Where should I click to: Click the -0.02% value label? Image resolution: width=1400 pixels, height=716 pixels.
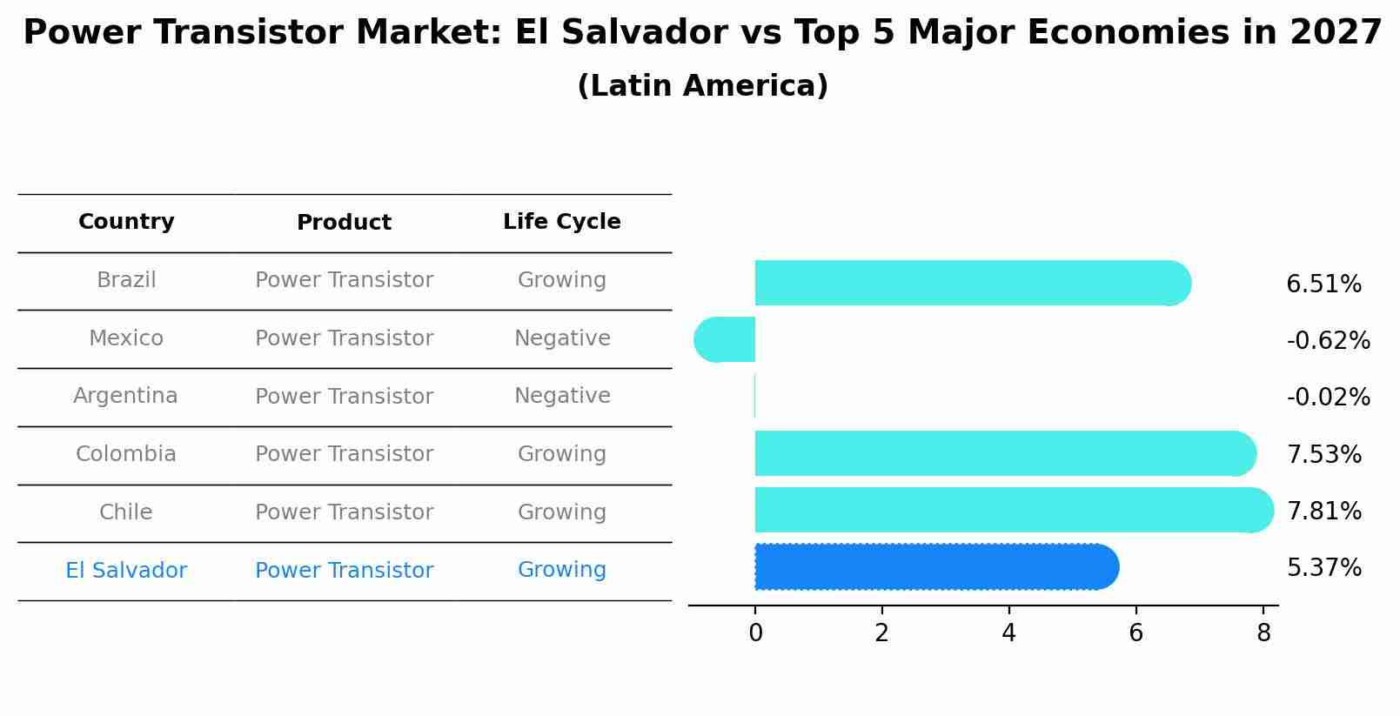tap(1328, 398)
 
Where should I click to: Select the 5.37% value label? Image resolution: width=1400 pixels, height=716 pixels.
tap(1323, 568)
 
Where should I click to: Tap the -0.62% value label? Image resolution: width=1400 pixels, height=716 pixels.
tap(1328, 341)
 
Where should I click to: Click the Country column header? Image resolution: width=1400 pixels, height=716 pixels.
tap(126, 222)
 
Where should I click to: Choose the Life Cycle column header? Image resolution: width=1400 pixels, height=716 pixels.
tap(561, 222)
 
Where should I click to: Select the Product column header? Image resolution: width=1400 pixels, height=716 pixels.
tap(344, 223)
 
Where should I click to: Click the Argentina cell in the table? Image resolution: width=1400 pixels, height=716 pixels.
tap(125, 396)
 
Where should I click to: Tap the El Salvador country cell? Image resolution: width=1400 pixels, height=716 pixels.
tap(126, 571)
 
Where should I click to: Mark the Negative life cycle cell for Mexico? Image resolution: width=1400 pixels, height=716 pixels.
tap(562, 338)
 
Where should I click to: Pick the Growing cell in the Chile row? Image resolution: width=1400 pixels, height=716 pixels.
tap(561, 512)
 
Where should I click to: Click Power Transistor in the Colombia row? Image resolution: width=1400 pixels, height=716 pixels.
tap(344, 454)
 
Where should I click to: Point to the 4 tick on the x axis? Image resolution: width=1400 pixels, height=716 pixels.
tap(1008, 633)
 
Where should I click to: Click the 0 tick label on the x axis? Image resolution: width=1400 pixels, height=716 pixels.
tap(755, 633)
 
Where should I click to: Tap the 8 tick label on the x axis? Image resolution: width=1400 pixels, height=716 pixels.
tap(1263, 633)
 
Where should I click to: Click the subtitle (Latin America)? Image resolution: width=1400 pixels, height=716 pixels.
tap(702, 86)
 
